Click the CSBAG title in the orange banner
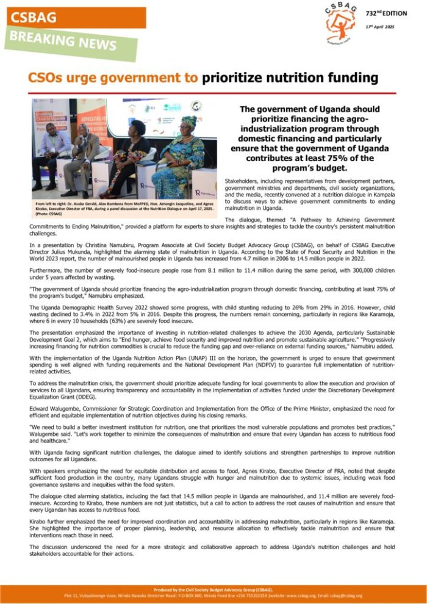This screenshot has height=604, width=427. point(34,18)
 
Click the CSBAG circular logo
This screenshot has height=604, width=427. point(340,24)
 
